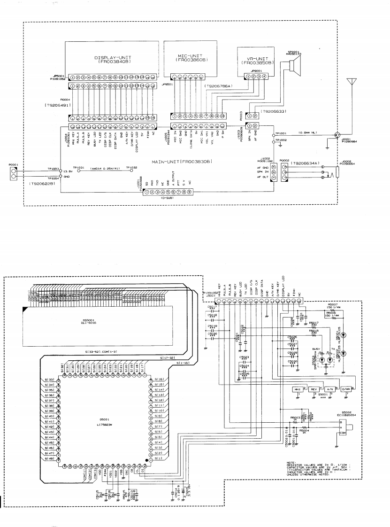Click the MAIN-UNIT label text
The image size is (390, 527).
pos(181,162)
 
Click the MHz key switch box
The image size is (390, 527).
pos(297,390)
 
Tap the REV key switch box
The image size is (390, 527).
pos(314,390)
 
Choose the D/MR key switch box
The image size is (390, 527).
pos(346,390)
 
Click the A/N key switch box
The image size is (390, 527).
pos(330,390)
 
